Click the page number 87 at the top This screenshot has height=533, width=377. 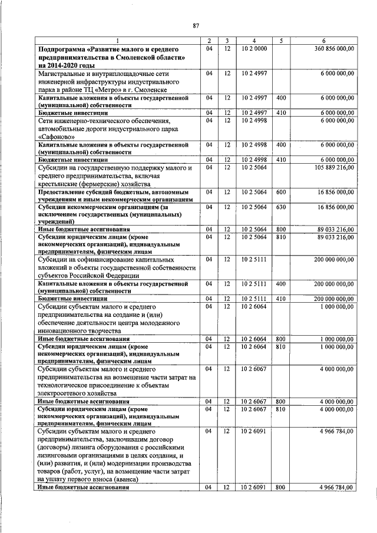[196, 25]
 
